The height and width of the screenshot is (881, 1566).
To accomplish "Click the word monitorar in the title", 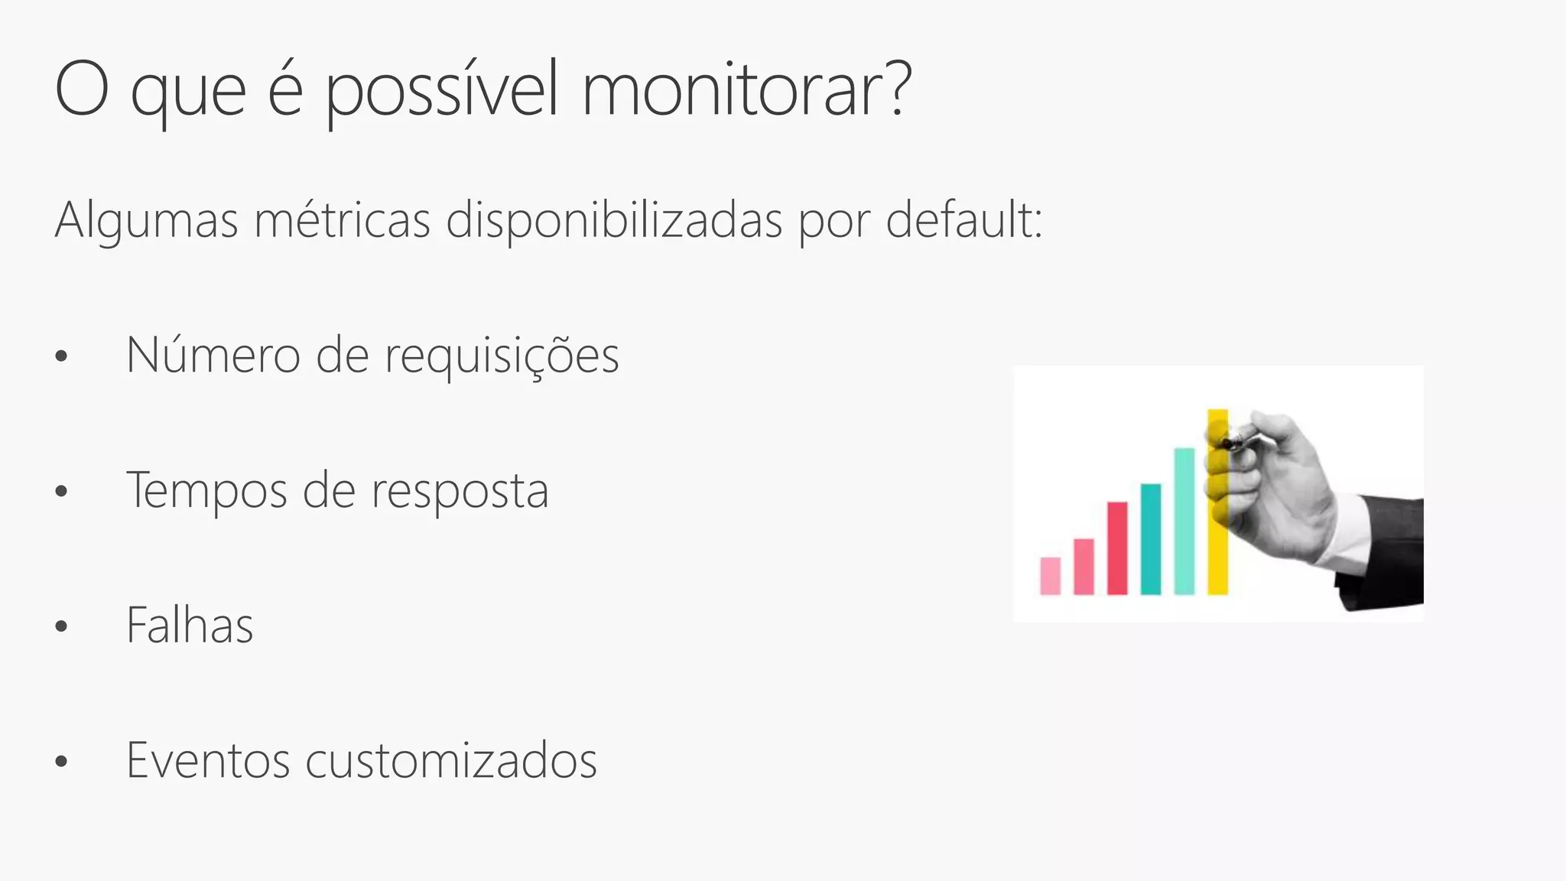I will tap(746, 90).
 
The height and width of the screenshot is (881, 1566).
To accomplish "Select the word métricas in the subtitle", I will tap(342, 220).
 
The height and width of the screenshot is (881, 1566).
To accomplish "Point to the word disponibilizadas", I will tap(614, 220).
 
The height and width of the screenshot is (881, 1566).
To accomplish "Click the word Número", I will tap(213, 355).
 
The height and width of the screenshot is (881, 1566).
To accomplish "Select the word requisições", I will tap(501, 356).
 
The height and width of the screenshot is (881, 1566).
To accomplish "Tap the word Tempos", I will tap(206, 491).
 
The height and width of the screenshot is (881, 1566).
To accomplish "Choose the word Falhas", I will tap(190, 626).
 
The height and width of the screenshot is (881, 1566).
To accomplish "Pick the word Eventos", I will tap(208, 760).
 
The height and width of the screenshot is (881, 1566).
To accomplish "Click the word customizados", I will tap(451, 760).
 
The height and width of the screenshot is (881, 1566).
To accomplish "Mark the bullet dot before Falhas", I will tap(62, 627).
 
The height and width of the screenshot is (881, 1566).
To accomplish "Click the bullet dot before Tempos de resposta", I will tap(62, 492).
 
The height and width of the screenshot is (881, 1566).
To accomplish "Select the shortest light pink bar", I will tap(1051, 575).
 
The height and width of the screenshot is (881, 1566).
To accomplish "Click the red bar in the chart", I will tap(1117, 548).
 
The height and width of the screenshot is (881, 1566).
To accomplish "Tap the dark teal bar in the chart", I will tap(1150, 538).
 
